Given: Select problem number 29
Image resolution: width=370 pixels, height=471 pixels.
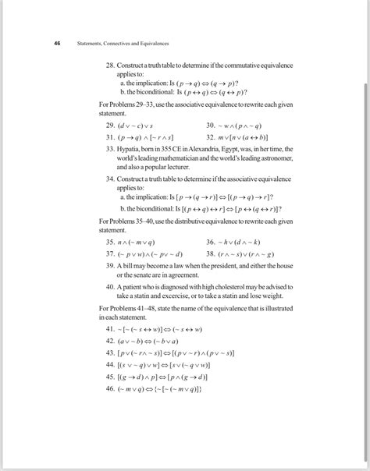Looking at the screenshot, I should (x=110, y=124).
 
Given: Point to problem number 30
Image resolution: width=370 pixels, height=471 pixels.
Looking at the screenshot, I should (x=212, y=124).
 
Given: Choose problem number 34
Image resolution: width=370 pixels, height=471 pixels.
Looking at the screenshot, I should (x=110, y=179).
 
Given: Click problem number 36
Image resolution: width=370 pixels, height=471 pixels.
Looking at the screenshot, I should (x=212, y=243).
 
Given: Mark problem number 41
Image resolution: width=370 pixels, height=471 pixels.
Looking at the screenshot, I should (x=110, y=330).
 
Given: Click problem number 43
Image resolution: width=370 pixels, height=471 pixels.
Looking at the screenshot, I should (x=110, y=352).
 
